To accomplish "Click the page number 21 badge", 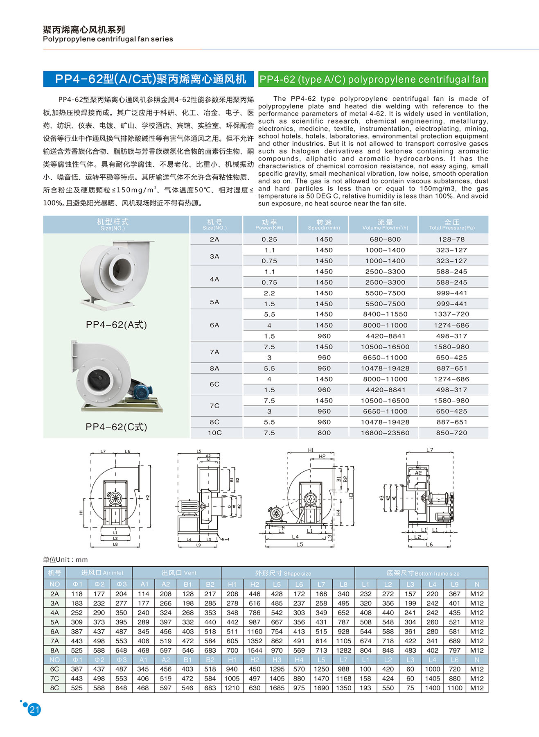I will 34,710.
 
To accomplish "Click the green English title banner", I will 373,79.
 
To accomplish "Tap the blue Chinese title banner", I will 150,79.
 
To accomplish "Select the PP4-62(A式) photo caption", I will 116,325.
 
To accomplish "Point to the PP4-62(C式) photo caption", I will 116,427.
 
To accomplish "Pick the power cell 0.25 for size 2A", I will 269,239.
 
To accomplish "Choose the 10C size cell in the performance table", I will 215,433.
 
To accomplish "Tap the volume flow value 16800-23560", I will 385,433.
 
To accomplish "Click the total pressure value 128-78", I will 451,239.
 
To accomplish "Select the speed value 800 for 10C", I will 324,433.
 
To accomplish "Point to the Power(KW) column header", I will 269,225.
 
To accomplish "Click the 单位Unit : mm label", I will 65,560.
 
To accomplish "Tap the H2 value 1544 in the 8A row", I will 255,650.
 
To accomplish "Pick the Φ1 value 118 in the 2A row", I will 77,594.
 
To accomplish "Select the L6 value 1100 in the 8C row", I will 455,688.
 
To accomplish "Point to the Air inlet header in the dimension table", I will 102,573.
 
